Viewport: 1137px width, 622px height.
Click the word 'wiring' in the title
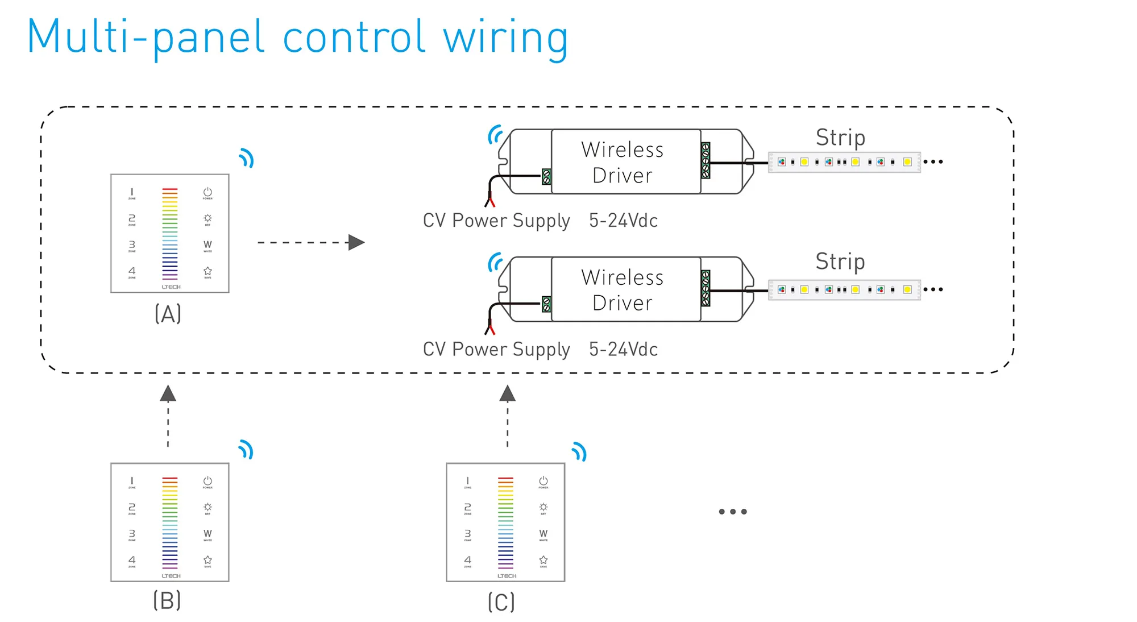coord(505,38)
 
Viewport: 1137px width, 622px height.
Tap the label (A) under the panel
coord(168,313)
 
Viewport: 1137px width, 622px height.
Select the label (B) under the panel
coord(167,600)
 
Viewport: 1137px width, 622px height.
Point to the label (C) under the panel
coord(501,602)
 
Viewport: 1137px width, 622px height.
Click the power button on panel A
coord(208,193)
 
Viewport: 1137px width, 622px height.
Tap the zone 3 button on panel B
coord(132,534)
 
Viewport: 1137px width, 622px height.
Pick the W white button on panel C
coord(543,534)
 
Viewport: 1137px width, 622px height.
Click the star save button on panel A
coord(208,272)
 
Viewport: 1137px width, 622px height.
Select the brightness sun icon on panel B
coord(208,507)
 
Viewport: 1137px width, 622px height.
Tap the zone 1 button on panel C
coord(468,482)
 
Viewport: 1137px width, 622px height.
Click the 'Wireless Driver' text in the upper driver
coord(623,163)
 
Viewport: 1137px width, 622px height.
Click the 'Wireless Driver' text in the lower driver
coord(623,290)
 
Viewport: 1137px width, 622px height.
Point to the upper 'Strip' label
coord(840,138)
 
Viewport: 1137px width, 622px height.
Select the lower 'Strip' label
coord(840,262)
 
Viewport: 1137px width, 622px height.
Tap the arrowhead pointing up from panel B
coord(168,393)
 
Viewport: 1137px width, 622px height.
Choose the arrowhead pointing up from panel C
coord(508,393)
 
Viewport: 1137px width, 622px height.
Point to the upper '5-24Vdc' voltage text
coord(623,221)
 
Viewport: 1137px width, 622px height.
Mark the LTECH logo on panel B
coord(171,576)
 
